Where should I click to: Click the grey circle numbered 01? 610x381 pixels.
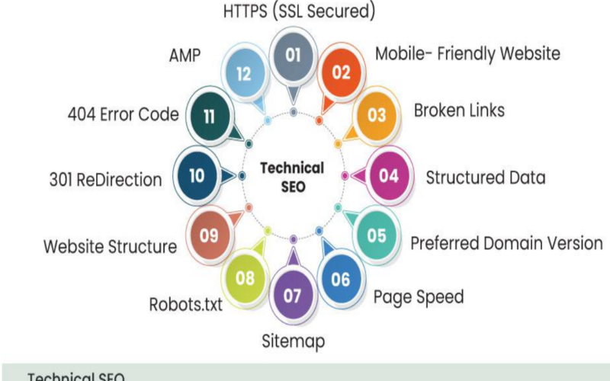point(294,55)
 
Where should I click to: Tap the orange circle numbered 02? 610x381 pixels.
point(341,72)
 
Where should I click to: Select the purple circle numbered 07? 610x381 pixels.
point(294,296)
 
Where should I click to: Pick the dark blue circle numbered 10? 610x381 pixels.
point(197,175)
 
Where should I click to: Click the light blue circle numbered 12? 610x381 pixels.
point(244,73)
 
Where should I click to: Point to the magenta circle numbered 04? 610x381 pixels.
point(389,175)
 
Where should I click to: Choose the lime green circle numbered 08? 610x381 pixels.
point(245,278)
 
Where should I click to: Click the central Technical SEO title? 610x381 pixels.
point(293,176)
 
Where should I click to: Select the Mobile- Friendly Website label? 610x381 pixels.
point(468,53)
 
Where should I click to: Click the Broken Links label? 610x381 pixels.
point(459,110)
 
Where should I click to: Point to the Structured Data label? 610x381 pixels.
point(486,178)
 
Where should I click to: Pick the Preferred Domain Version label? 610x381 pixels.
point(506,244)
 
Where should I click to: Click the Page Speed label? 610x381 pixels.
point(418,296)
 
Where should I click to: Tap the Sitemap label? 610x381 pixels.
point(294,341)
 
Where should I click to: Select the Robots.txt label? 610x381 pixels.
point(186,305)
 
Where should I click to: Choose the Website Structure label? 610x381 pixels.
point(110,247)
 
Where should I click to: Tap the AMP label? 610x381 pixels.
point(184,56)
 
